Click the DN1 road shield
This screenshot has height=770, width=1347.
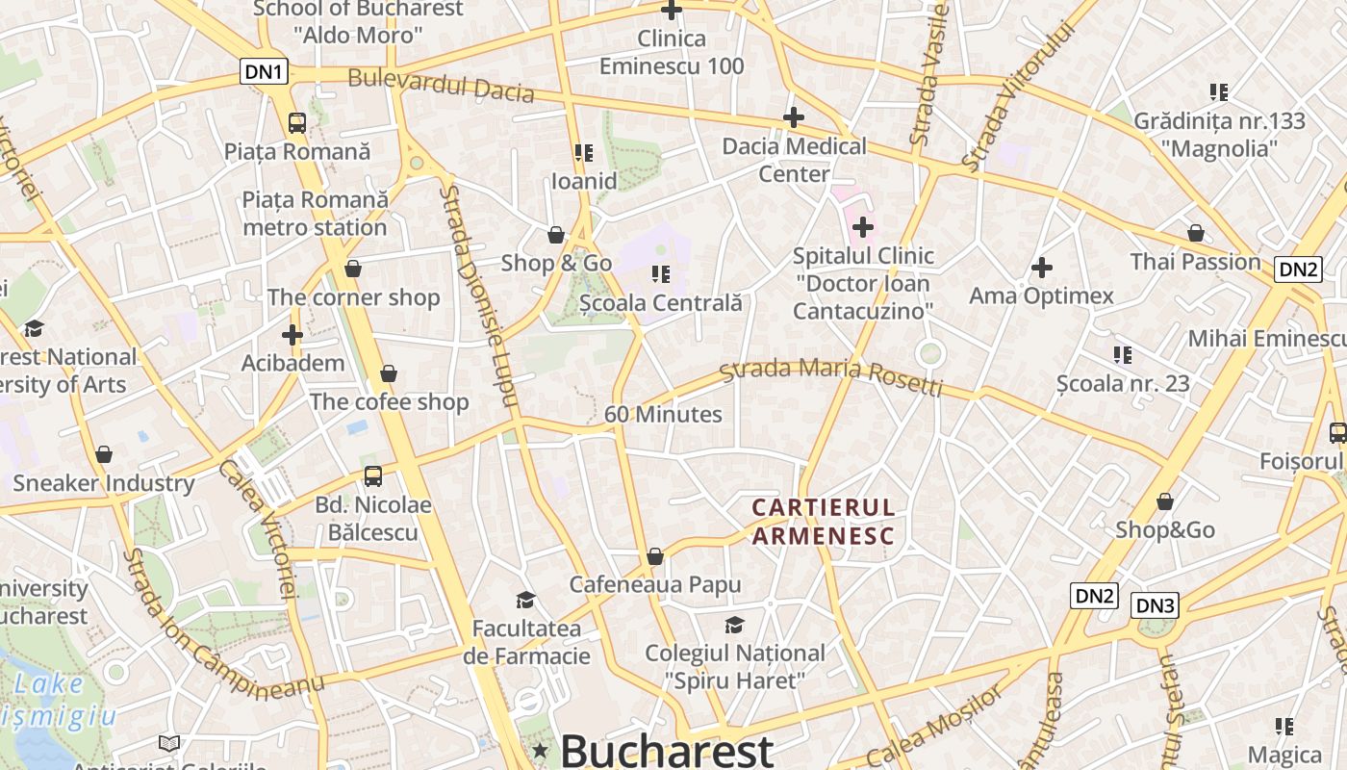click(x=264, y=71)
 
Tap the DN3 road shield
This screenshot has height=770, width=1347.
click(x=1155, y=605)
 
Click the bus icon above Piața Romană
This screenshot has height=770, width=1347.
click(x=297, y=122)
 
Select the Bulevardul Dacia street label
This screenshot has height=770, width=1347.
click(x=441, y=85)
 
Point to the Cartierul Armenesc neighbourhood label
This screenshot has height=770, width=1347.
click(x=823, y=521)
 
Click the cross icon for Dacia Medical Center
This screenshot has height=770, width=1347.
click(x=793, y=117)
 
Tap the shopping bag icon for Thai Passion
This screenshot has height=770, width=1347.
click(x=1195, y=233)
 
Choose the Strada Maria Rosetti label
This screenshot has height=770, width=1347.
click(x=831, y=376)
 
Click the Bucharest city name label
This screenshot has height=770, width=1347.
click(x=667, y=750)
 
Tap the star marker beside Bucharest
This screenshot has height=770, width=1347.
click(x=541, y=750)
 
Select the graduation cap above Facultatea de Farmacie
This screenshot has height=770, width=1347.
click(x=525, y=600)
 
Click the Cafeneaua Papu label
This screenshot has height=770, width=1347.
click(x=655, y=584)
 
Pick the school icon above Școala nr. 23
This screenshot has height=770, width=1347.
click(x=1122, y=354)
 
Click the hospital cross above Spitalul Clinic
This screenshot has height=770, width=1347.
click(x=863, y=227)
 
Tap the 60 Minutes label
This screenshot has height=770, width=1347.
click(x=663, y=414)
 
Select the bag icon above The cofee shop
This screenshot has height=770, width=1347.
click(x=389, y=372)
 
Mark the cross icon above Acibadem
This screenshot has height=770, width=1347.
click(x=292, y=335)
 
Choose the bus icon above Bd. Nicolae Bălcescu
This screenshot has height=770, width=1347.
click(x=373, y=475)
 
